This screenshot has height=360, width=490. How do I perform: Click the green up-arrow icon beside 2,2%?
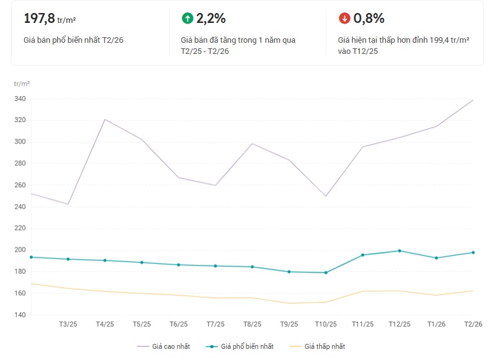(x=187, y=19)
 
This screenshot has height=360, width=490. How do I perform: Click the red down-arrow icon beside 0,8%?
(x=344, y=19)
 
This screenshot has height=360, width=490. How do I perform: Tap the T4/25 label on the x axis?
(x=105, y=324)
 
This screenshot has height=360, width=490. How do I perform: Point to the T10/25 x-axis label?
(x=326, y=324)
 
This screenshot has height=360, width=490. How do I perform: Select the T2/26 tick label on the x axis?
(x=473, y=324)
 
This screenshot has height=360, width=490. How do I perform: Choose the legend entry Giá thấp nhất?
(x=321, y=346)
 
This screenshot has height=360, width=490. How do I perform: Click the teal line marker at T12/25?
(x=400, y=251)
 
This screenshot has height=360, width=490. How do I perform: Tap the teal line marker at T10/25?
(x=326, y=273)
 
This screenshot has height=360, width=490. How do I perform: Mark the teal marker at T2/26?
(x=473, y=252)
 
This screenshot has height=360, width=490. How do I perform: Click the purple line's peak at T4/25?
(x=105, y=120)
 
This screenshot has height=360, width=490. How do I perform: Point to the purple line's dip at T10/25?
(x=326, y=196)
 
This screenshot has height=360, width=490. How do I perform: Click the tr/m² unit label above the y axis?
(x=22, y=83)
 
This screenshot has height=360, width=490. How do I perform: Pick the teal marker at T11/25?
(x=362, y=255)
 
